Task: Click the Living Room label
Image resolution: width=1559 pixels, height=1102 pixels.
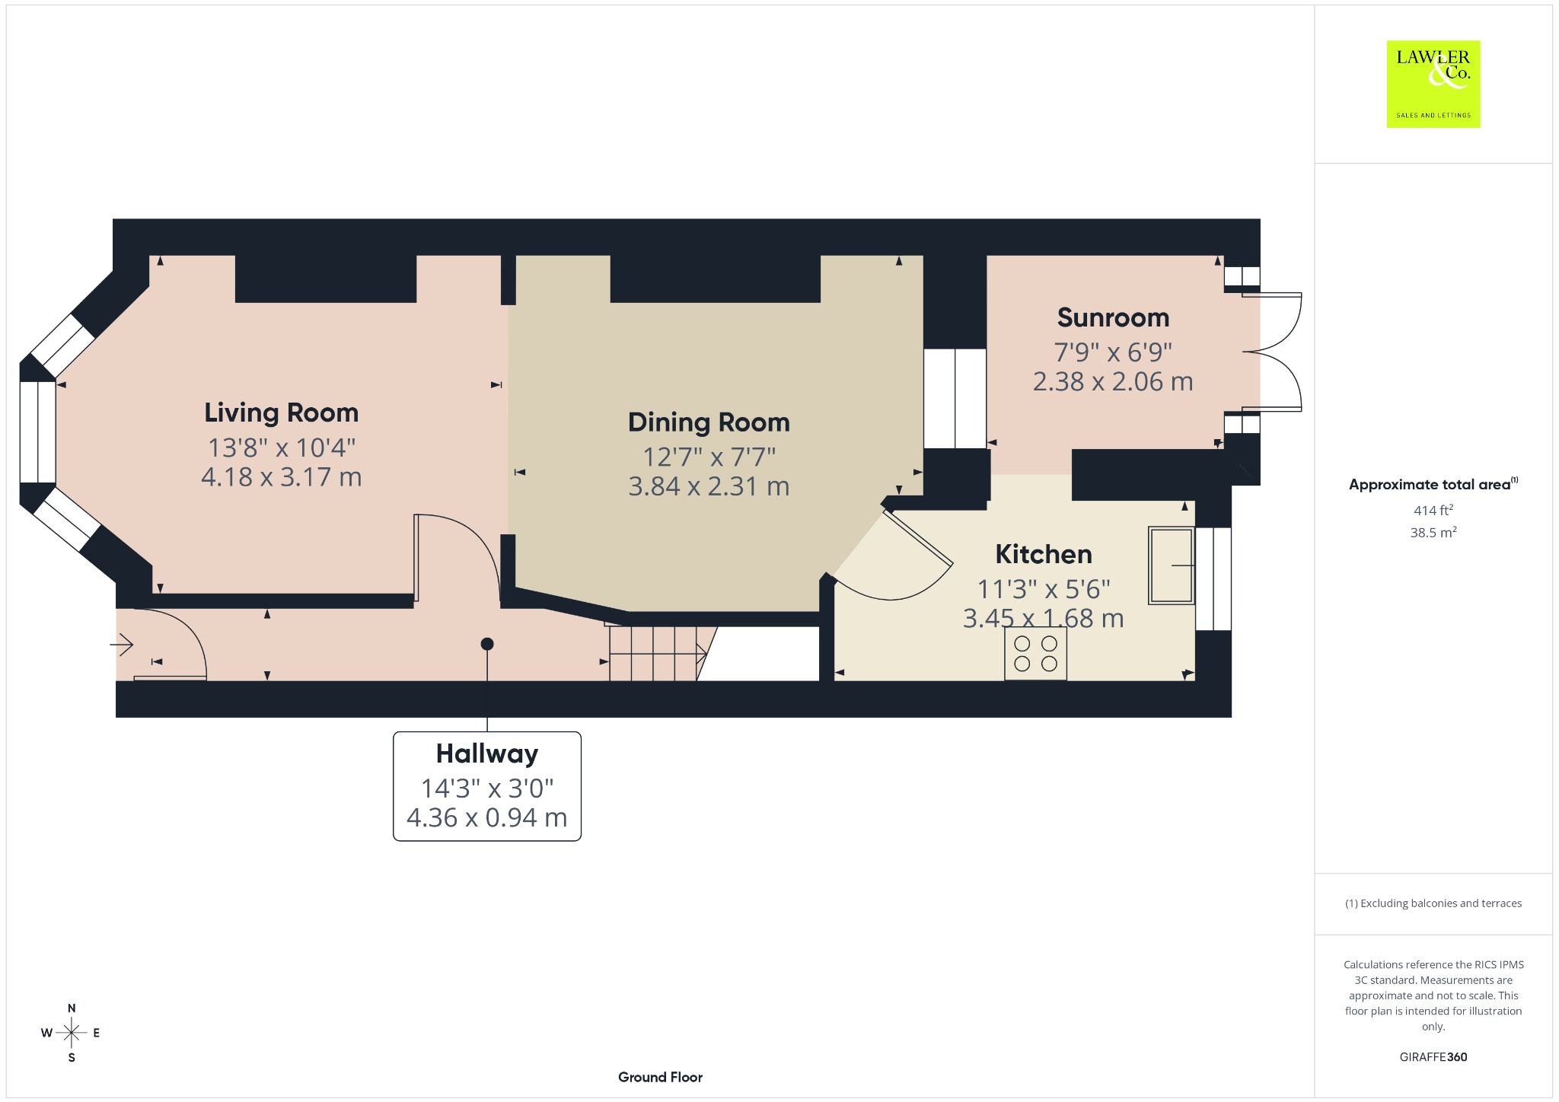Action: (x=281, y=412)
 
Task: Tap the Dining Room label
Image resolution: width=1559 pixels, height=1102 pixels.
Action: (x=709, y=423)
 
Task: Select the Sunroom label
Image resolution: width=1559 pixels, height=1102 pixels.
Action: (x=1113, y=317)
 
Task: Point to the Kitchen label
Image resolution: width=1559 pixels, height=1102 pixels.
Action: (x=1044, y=554)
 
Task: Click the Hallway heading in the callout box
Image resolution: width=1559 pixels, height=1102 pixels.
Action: (x=487, y=753)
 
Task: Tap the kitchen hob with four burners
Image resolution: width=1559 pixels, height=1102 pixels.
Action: (x=1035, y=653)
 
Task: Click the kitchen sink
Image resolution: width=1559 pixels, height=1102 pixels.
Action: (x=1172, y=565)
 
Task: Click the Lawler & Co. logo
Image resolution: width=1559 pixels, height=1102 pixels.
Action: (x=1433, y=84)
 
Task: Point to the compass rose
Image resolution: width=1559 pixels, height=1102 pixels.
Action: (x=72, y=1033)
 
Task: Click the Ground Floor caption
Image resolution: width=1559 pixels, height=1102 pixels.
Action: (x=660, y=1077)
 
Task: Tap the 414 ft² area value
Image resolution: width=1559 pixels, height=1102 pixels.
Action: (x=1433, y=510)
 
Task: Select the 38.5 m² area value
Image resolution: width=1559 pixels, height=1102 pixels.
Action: (x=1433, y=532)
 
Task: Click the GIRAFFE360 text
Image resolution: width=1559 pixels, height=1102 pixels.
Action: (x=1433, y=1057)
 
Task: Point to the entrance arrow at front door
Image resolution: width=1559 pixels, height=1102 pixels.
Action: (x=122, y=645)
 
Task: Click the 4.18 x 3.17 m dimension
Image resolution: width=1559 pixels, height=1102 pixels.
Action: (x=281, y=477)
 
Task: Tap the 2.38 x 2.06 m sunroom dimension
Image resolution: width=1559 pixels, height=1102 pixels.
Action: (x=1113, y=381)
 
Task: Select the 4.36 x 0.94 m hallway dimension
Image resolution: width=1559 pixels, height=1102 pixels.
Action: (x=487, y=817)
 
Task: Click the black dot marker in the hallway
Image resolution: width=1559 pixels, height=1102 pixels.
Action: (x=487, y=644)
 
